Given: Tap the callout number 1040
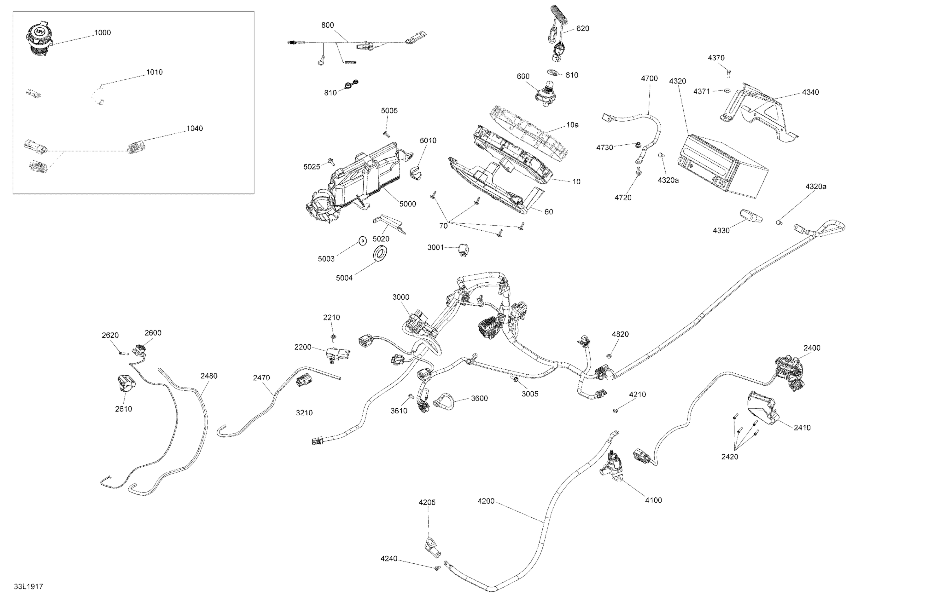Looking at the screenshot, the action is tap(195, 128).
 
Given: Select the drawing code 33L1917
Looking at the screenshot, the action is tap(28, 586).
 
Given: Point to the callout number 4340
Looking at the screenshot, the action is tap(810, 92).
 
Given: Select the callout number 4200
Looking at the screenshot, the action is tap(486, 501).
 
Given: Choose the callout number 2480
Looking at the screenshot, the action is tap(209, 376).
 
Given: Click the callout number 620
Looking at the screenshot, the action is tap(583, 29).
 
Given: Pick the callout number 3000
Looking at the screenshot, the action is tap(401, 297).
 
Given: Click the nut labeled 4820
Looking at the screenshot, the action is tap(609, 356).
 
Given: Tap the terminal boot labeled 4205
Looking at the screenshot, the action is tap(432, 548).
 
